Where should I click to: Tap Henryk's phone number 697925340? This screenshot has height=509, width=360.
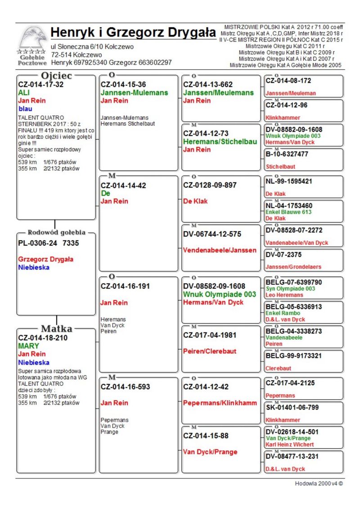[x=90, y=63]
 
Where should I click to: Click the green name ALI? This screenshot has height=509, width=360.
[x=24, y=92]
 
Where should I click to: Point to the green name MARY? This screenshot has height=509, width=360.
[x=28, y=346]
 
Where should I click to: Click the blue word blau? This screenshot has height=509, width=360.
[x=26, y=108]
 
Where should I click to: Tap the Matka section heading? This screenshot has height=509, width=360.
[x=57, y=328]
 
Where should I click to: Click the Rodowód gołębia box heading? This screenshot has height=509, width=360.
[x=56, y=233]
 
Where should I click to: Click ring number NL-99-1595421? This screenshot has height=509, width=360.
[x=289, y=181]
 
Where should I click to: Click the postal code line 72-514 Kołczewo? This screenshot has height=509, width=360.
[x=76, y=54]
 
